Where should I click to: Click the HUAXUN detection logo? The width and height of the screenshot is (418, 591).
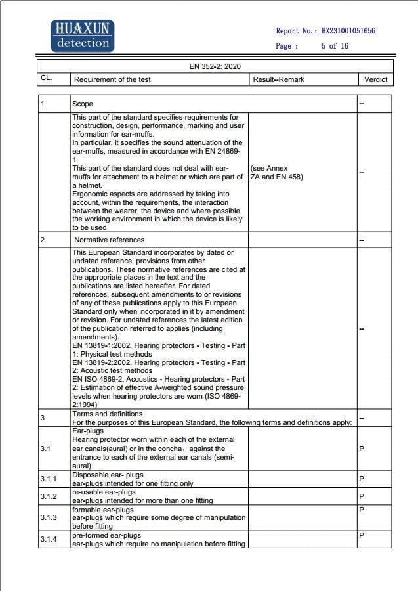coord(82,36)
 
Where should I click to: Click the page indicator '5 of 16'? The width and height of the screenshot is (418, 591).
coord(335,46)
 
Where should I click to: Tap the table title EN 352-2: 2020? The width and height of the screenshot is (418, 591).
coord(215,67)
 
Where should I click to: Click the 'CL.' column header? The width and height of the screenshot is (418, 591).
coord(46,79)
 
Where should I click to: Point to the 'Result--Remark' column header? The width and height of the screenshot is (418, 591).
coord(278,79)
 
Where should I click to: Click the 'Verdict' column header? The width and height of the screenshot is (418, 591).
coord(376,79)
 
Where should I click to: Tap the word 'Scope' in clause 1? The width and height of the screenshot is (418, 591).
coord(83,104)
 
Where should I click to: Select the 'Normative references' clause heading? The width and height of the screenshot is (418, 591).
coord(109,240)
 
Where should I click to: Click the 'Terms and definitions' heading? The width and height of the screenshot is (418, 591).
coord(107,414)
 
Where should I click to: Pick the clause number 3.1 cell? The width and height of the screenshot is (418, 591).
coord(45,449)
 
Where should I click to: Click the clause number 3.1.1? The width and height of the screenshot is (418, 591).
coord(48,479)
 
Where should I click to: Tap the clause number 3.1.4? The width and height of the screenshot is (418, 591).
coord(48,539)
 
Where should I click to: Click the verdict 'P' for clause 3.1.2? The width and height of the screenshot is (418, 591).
coord(362,496)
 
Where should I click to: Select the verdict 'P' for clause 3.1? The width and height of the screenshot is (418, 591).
coord(362,449)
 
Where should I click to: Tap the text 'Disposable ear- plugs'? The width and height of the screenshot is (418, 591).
coord(108,475)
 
